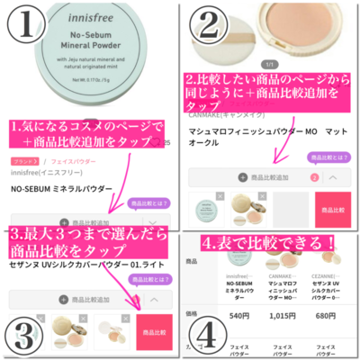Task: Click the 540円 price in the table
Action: (239, 316)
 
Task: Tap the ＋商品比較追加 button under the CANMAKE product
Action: (264, 177)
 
